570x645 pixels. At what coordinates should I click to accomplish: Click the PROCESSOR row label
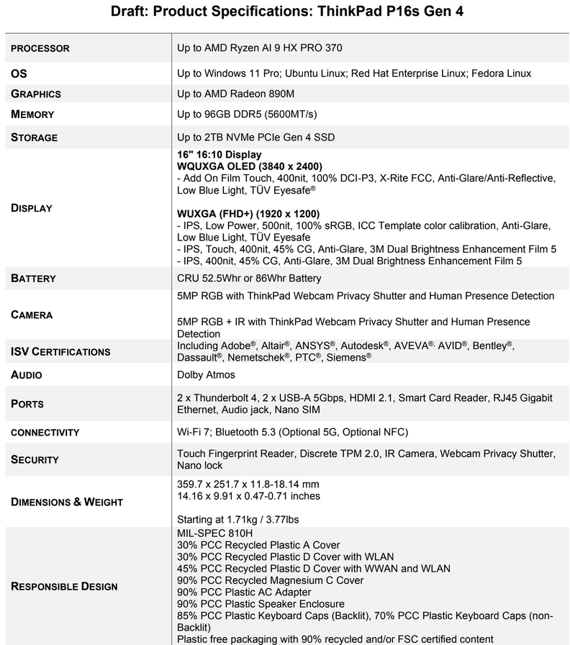(40, 49)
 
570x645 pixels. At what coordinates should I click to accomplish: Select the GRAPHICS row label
(35, 94)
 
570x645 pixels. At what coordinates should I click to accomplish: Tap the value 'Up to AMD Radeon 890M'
(235, 94)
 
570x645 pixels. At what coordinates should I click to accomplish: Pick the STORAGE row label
(34, 137)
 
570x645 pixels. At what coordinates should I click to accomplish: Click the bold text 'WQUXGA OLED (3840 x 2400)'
(249, 166)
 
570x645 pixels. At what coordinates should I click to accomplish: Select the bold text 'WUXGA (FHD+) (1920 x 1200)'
(248, 214)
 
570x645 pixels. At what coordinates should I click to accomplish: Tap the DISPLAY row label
(32, 208)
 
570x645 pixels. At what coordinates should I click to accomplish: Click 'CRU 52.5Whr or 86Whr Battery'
(249, 279)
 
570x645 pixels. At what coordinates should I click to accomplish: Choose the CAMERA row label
(32, 315)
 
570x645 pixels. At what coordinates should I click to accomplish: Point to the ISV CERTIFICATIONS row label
(60, 352)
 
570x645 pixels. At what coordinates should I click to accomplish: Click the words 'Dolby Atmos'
(206, 375)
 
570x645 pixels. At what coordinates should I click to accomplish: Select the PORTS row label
(27, 404)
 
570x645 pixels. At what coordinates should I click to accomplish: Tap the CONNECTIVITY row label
(45, 433)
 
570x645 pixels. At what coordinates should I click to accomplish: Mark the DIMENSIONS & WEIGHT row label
(67, 502)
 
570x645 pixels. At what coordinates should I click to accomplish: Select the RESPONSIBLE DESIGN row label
(64, 586)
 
